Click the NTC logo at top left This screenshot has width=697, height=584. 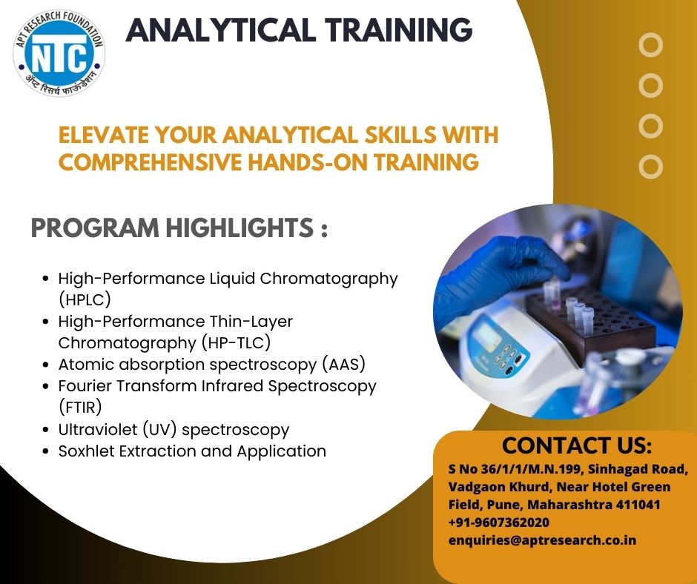coord(59,53)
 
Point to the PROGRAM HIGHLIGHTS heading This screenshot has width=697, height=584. coord(179,228)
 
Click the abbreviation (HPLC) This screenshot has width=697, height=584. coord(85,299)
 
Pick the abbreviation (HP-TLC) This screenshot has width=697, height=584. coord(236,342)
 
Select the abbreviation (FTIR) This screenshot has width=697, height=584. coord(80,407)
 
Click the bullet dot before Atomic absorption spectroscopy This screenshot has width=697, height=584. coord(45,365)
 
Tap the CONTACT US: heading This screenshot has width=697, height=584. coord(577,445)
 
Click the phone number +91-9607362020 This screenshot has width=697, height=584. coord(499,522)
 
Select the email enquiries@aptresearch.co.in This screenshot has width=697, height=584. coord(542,540)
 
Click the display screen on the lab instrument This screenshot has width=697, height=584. coord(486,333)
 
